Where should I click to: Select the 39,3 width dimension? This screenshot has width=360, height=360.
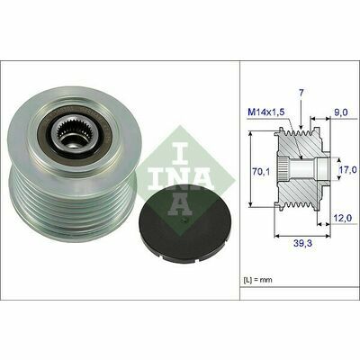pos(301,243)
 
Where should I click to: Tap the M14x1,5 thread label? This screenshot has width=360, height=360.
pos(265,112)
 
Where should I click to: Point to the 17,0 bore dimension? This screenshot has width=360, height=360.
pos(349,170)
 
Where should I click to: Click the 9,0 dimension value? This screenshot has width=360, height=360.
pos(341,112)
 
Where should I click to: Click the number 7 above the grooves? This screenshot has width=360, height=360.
pos(301,93)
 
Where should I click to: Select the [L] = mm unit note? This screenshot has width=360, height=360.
pos(257,280)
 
